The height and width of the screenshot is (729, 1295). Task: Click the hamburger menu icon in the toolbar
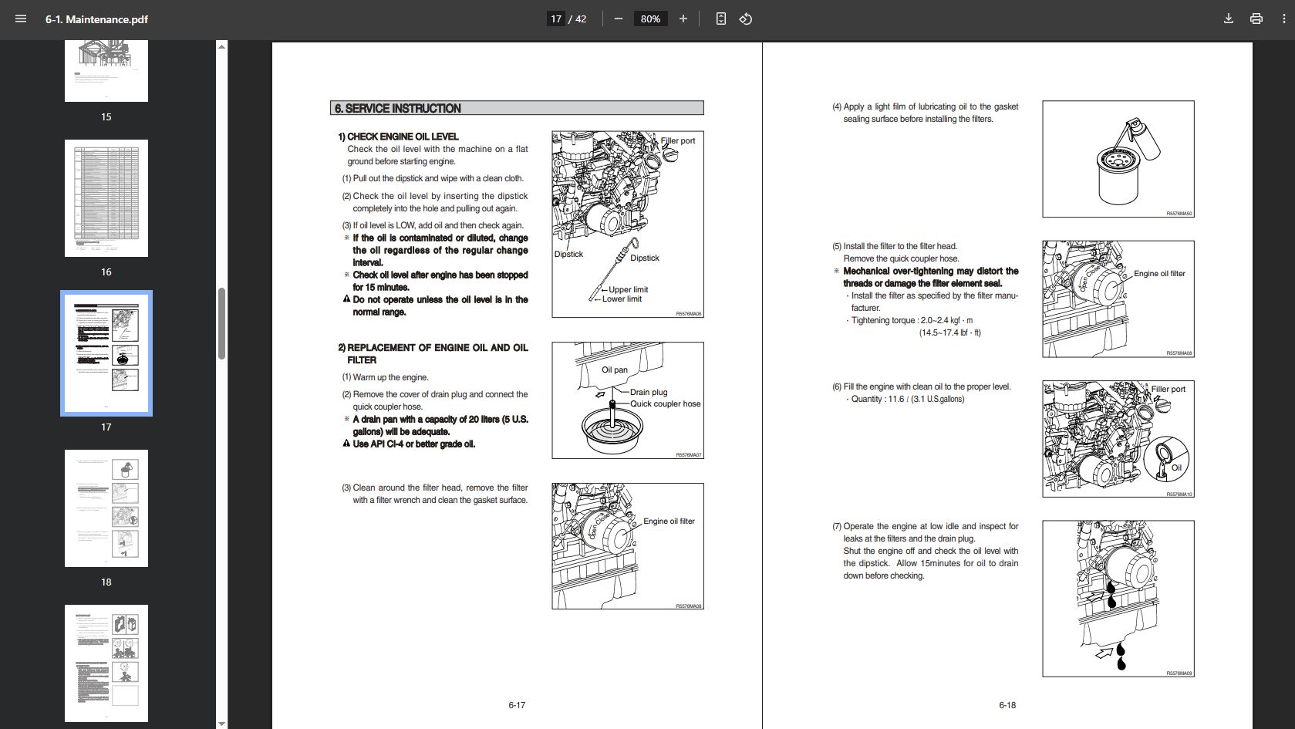[x=21, y=19]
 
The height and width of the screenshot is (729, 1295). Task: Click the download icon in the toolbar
[x=1229, y=19]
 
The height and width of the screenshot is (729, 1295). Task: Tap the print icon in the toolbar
[x=1256, y=19]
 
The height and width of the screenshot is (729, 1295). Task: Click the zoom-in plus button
[x=683, y=19]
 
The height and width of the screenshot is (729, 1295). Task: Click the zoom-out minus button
[x=618, y=19]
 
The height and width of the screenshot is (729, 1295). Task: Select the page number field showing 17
[x=556, y=19]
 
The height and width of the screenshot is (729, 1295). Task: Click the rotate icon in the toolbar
[x=746, y=19]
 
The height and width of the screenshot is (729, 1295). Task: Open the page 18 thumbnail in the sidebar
[x=106, y=508]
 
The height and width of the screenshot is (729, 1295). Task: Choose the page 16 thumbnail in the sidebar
[x=106, y=198]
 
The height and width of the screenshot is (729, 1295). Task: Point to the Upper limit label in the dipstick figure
[x=628, y=289]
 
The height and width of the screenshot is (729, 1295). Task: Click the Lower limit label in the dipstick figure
[x=622, y=299]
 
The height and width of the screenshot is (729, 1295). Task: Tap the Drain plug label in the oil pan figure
[x=648, y=392]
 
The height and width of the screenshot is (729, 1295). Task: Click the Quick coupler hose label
[x=665, y=403]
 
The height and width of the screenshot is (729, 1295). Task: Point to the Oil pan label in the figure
[x=615, y=370]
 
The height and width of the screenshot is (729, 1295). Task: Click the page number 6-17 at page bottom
[x=517, y=705]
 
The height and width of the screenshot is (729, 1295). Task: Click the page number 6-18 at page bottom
[x=1007, y=705]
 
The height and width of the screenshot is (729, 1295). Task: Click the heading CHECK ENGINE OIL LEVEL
[x=403, y=137]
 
